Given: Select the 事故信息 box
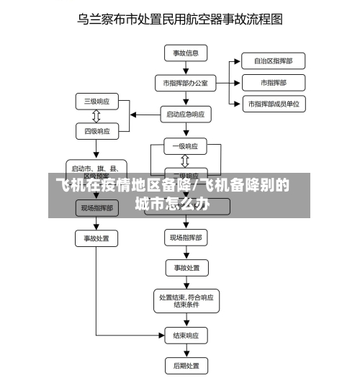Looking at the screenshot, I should [186, 53].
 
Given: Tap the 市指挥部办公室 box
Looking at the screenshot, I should [186, 83].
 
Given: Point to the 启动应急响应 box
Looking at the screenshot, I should [186, 114].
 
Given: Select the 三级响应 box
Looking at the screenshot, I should [96, 101].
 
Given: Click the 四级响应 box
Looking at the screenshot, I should [96, 131].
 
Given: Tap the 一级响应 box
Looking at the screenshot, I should [186, 146].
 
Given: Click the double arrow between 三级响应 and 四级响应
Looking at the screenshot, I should [96, 116].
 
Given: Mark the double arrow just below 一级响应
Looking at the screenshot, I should [186, 161].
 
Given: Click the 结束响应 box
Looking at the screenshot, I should [186, 336].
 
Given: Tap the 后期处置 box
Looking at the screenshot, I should [186, 366].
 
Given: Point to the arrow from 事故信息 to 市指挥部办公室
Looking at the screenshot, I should [186, 68].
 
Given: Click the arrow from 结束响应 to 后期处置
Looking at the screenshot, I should [186, 351].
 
